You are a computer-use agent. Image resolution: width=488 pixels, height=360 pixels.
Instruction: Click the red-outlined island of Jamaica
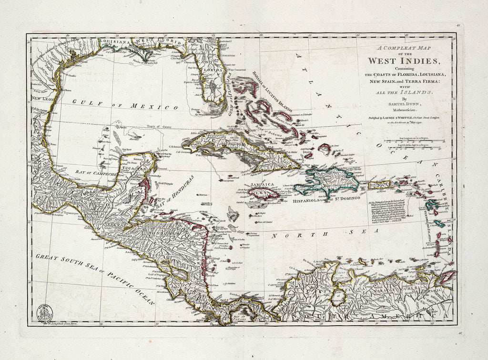point(264,193)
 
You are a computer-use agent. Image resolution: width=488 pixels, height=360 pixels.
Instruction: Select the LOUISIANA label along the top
point(116,42)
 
